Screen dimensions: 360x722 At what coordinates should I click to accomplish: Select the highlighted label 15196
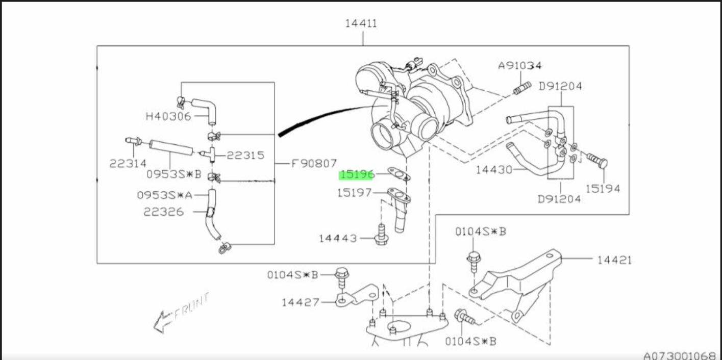(357, 175)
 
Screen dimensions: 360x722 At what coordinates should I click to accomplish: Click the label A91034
(520, 66)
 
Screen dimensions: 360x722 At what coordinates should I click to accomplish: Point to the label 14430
(494, 169)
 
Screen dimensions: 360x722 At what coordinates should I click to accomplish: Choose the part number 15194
(603, 188)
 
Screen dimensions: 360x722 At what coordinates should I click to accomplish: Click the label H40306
(168, 116)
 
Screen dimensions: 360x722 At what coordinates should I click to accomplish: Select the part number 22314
(128, 164)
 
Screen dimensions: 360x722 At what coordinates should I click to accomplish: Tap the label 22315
(245, 155)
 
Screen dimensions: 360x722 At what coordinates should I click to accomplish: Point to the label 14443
(338, 238)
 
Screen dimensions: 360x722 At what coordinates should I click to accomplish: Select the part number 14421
(614, 260)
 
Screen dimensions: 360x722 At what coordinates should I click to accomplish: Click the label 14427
(301, 302)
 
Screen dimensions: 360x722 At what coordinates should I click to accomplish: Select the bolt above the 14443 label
(380, 235)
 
